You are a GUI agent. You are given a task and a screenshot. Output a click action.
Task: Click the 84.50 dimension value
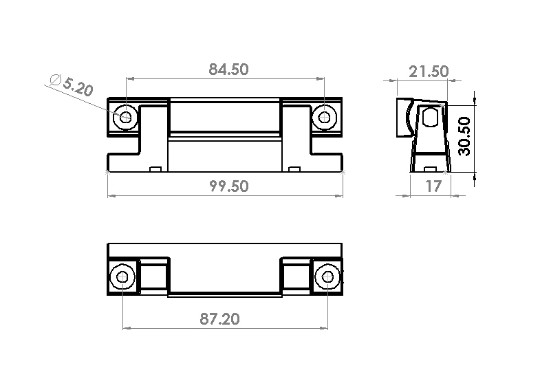[x=228, y=69]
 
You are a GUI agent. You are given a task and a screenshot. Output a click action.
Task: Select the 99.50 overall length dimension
[x=229, y=186]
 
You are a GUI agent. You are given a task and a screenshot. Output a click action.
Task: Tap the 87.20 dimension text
[x=219, y=318]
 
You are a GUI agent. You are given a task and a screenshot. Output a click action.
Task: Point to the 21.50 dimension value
[x=429, y=72]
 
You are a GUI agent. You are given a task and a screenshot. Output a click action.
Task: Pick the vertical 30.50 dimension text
[x=464, y=136]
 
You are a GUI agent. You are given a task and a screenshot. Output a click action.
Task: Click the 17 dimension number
[x=433, y=186]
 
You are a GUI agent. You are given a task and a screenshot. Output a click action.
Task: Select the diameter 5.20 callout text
[x=72, y=85]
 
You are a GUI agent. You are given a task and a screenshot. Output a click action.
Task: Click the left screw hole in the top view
[x=126, y=118]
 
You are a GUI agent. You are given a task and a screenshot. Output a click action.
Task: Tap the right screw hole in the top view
[x=325, y=118]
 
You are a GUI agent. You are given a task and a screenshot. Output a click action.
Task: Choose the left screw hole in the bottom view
[x=122, y=277]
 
